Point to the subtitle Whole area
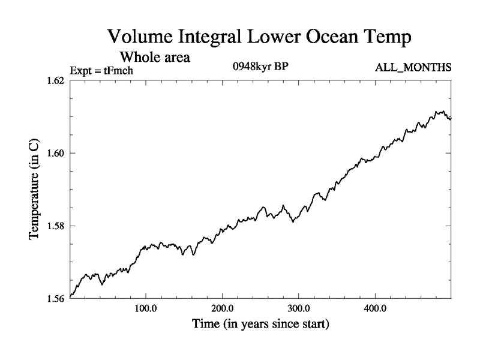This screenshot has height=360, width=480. (155, 58)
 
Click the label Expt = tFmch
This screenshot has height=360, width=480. (101, 71)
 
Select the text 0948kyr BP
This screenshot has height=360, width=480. (260, 67)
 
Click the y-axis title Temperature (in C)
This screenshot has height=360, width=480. (35, 190)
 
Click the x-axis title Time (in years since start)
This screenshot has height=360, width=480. (260, 326)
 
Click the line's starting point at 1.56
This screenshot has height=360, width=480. (71, 296)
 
